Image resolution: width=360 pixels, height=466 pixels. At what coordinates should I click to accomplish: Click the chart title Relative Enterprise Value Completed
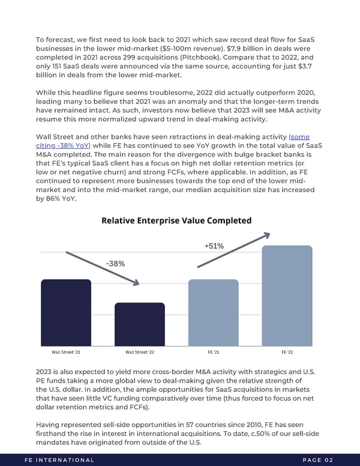[x=176, y=220]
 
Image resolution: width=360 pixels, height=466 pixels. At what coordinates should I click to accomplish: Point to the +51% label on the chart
[x=214, y=246]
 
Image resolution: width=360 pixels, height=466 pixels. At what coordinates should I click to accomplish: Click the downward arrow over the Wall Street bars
[x=102, y=268]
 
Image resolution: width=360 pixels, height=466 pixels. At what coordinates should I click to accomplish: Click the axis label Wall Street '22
[x=139, y=352]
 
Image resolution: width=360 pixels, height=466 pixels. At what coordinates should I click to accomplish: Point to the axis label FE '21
[x=213, y=352]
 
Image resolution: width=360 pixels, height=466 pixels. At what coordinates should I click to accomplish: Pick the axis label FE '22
[x=287, y=352]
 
